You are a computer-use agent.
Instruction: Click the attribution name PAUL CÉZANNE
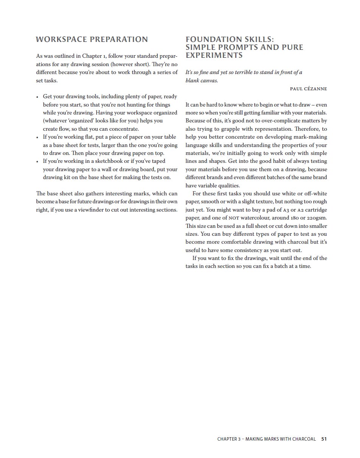308,89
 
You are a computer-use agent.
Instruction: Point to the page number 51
324,439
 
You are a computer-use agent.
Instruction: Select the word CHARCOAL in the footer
304,439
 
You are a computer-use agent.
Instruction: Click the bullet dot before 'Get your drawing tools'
37,97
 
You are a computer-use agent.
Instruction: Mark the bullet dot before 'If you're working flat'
37,138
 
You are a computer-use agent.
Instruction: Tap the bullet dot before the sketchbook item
37,162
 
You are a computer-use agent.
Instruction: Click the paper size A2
302,210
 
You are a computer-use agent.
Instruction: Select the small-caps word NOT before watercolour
234,218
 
